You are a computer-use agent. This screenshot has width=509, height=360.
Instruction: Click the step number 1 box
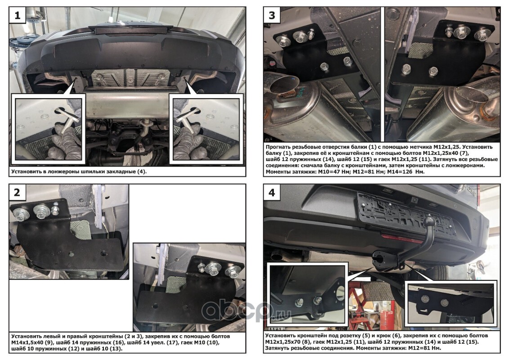[17, 15]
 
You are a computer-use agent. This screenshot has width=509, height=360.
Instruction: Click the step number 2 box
[17, 192]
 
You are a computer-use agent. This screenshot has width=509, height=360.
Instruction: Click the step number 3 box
[272, 15]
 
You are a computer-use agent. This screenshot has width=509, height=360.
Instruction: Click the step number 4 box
[272, 192]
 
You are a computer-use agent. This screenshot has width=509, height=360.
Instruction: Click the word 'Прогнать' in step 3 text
[279, 147]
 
